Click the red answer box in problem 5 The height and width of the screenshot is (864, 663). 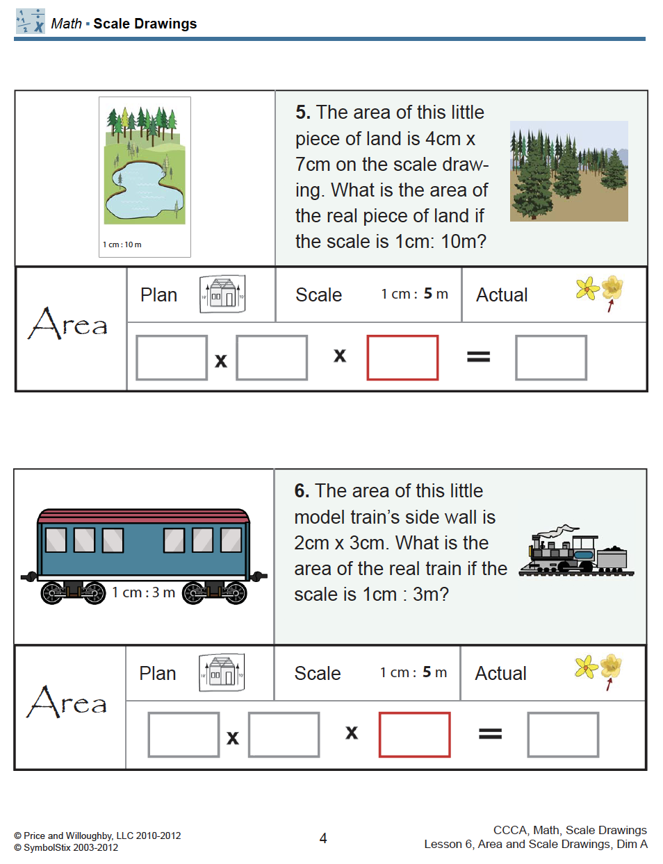click(402, 358)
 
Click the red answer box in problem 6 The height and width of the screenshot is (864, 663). click(414, 735)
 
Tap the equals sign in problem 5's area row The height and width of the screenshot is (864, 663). click(478, 357)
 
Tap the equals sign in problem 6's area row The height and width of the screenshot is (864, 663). click(490, 734)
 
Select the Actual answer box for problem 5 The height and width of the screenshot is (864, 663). click(551, 358)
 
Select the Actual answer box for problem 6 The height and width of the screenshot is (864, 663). click(563, 735)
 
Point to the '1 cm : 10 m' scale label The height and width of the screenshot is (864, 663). click(122, 244)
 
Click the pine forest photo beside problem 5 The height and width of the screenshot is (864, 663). click(568, 171)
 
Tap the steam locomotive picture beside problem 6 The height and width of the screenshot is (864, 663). click(576, 551)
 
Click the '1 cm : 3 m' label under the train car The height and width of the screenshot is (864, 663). click(144, 592)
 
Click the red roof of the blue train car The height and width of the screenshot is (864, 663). click(144, 515)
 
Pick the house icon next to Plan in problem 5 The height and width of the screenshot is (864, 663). click(222, 294)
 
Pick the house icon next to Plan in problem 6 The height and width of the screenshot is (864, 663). click(222, 672)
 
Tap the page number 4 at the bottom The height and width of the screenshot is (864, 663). click(323, 838)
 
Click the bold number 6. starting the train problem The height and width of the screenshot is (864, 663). click(302, 491)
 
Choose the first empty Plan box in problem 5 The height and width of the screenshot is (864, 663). click(172, 358)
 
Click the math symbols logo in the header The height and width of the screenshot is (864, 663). click(31, 22)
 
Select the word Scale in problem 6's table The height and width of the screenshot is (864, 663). click(318, 674)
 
